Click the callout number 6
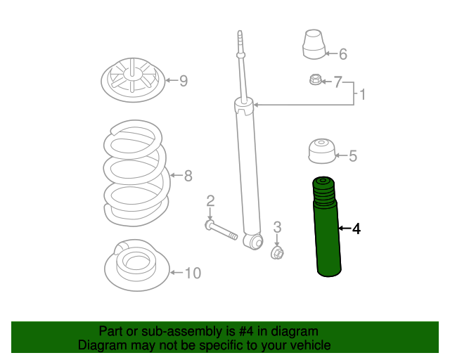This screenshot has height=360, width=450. click(343, 54)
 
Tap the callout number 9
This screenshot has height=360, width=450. click(184, 81)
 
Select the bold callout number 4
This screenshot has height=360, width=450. click(356, 229)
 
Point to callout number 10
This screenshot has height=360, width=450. click(193, 273)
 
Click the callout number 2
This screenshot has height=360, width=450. click(210, 200)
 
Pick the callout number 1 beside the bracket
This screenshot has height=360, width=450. click(363, 94)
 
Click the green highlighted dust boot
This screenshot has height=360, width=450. click(326, 227)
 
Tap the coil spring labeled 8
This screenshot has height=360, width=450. click(136, 172)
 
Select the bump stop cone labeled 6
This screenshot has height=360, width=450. click(314, 44)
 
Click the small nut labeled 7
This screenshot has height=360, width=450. click(315, 79)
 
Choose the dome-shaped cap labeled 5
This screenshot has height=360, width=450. click(322, 151)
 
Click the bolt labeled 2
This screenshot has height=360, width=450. click(221, 230)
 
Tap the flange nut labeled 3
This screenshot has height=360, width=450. click(277, 253)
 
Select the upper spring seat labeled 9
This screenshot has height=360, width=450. click(133, 80)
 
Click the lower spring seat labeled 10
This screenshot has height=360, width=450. click(137, 265)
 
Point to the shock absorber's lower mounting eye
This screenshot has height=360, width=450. click(254, 242)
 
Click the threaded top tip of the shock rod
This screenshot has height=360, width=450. click(240, 37)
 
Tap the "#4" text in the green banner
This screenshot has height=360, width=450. click(246, 331)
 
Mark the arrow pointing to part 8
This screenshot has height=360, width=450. click(176, 175)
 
